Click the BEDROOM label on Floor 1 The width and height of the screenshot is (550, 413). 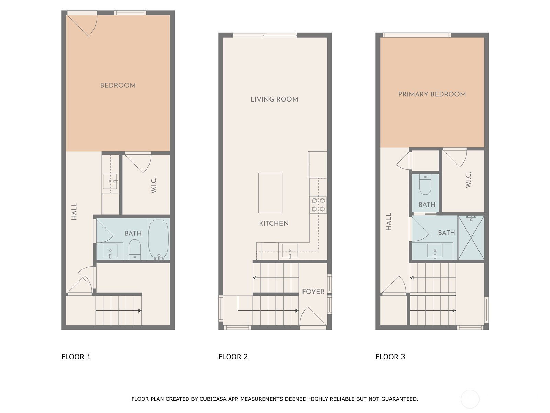[x=118, y=85]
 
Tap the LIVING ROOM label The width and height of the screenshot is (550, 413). [x=274, y=99]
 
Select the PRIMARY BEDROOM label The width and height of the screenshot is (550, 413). [x=432, y=94]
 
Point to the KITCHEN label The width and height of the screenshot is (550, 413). [x=274, y=223]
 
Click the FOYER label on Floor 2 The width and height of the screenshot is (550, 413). [x=313, y=292]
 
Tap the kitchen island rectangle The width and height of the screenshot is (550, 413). [x=271, y=193]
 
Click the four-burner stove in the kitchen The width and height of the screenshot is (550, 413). [x=318, y=205]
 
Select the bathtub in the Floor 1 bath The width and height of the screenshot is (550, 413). [x=158, y=239]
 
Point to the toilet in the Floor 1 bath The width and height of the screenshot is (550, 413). [x=134, y=249]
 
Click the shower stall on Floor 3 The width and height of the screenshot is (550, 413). [x=471, y=237]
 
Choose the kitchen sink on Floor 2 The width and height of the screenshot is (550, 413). [x=290, y=251]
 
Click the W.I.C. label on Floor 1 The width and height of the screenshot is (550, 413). [x=154, y=186]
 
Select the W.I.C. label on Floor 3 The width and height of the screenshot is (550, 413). [x=468, y=180]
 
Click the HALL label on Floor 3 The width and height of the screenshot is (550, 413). [x=388, y=221]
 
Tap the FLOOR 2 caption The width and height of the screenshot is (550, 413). [x=233, y=357]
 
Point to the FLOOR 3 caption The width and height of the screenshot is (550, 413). [x=390, y=357]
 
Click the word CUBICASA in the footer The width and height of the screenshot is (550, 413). [x=213, y=399]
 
